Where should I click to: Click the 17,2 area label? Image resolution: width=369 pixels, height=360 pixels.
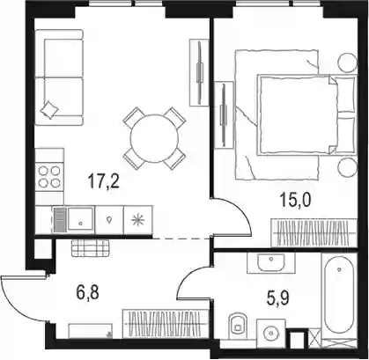104,181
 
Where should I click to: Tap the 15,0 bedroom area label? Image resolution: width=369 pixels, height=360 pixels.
296,200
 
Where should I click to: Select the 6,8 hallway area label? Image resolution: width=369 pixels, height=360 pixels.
87,293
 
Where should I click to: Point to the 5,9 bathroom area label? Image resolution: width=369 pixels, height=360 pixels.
277,298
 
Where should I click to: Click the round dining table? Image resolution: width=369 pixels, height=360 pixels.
154,138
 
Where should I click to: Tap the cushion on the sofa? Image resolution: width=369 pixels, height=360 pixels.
49,109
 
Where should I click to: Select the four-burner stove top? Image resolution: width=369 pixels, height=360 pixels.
49,178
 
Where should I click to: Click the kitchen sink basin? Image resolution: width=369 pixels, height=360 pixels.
80,219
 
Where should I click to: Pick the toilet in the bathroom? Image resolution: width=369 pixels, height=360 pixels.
238,324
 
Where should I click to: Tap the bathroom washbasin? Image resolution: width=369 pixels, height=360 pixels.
270,262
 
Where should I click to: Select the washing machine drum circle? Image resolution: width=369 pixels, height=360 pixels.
270,333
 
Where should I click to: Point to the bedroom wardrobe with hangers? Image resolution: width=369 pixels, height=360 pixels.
314,233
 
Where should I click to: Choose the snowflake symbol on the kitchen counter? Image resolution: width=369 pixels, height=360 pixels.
137,220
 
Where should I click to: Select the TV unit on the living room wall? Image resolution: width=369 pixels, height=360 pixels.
199,72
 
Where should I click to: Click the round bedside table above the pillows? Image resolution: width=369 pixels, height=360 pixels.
348,62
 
